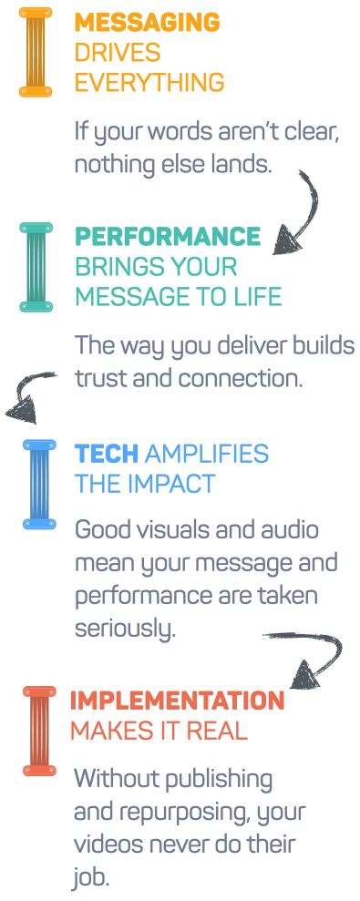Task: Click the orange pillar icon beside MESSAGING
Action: tap(36, 52)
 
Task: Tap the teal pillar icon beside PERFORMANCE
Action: tap(36, 267)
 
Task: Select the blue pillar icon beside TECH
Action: tap(39, 485)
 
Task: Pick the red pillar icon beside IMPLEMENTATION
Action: tap(39, 731)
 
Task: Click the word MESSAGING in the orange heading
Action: tap(148, 23)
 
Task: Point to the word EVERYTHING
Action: tap(149, 83)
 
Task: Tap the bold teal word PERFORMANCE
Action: tap(168, 236)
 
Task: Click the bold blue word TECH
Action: tap(107, 454)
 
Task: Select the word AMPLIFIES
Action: tap(207, 454)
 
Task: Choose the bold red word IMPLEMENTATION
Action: tap(177, 701)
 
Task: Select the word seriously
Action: tap(124, 629)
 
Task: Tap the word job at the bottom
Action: tap(91, 875)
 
